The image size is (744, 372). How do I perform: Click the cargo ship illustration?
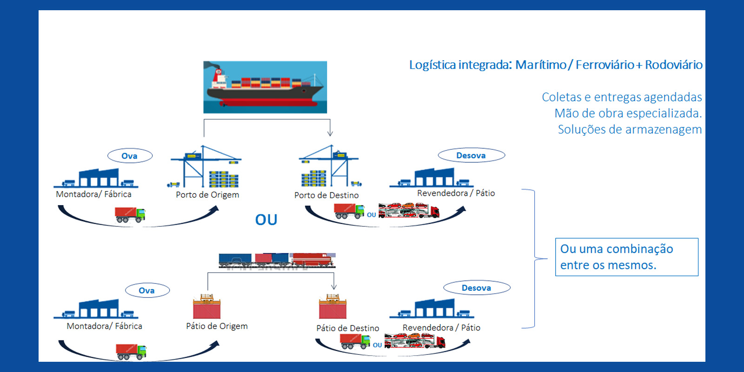[265, 87]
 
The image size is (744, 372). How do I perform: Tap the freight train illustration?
[277, 260]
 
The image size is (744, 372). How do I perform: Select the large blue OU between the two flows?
[266, 219]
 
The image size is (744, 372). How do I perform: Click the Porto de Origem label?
[207, 195]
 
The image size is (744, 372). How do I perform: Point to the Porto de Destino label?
[326, 195]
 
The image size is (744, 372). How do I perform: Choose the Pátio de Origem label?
[217, 326]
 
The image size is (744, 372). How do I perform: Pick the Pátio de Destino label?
[347, 328]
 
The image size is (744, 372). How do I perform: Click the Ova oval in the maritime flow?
[130, 156]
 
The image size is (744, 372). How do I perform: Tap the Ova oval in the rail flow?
[147, 291]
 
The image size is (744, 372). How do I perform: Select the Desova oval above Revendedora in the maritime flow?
[471, 155]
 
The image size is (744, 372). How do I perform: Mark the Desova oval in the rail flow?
[477, 288]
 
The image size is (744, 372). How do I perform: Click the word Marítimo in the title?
[541, 65]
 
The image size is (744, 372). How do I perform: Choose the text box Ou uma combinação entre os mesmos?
[626, 257]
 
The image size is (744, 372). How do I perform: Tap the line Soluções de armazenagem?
[630, 129]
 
